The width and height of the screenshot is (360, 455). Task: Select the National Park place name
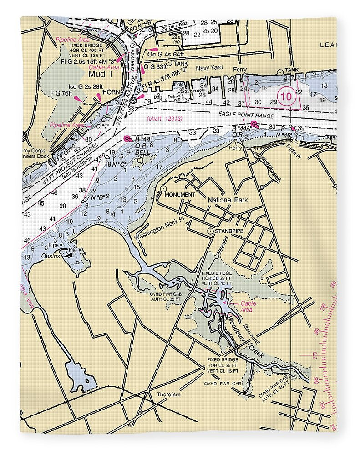tap(227, 200)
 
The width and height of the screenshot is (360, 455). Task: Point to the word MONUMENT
tap(180, 195)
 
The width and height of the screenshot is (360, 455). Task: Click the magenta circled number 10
tap(286, 96)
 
